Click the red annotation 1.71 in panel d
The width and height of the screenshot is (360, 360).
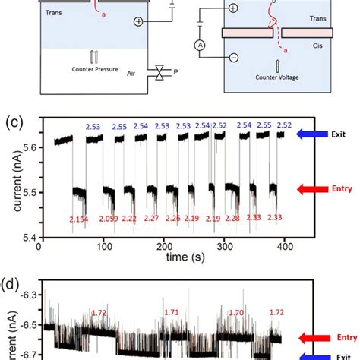(174, 312)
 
